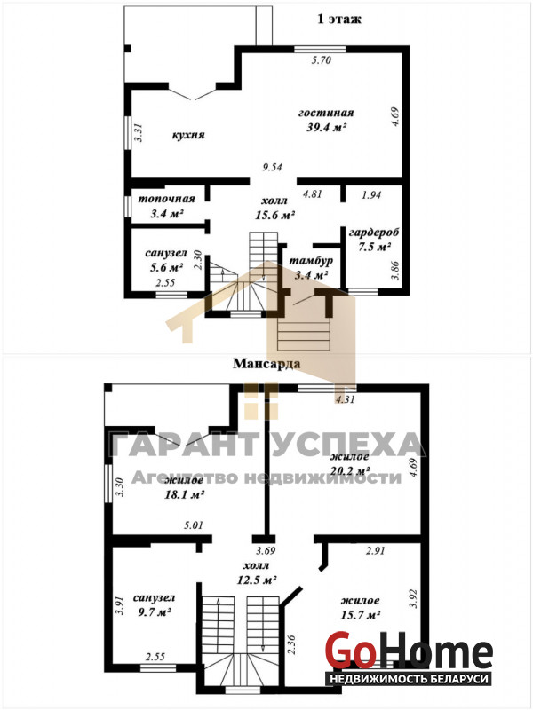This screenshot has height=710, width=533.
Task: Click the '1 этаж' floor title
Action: [x=338, y=19]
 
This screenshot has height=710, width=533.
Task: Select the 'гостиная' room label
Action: [x=326, y=113]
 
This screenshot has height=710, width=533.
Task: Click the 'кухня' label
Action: [x=188, y=135]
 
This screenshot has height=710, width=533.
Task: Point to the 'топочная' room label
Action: [x=166, y=199]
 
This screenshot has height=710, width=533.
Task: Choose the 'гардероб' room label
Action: [x=374, y=233]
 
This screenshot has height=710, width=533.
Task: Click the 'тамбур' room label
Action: [x=312, y=261]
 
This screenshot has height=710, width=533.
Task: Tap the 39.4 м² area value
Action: [x=327, y=127]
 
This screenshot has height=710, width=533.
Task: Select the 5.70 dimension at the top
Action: [x=322, y=59]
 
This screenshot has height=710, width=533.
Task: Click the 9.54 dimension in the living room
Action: [x=273, y=167]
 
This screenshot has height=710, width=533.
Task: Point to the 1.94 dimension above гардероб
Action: [x=371, y=194]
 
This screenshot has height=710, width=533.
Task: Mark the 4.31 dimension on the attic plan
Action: [x=344, y=399]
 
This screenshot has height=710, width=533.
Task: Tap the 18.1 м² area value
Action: [x=184, y=495]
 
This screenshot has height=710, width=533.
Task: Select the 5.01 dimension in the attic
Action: [x=193, y=525]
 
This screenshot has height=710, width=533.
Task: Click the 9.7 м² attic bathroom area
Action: [x=154, y=612]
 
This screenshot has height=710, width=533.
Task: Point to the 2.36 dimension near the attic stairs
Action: [x=291, y=645]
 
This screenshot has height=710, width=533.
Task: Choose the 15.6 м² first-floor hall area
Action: [x=275, y=215]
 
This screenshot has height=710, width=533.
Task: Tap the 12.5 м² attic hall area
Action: [x=257, y=580]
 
